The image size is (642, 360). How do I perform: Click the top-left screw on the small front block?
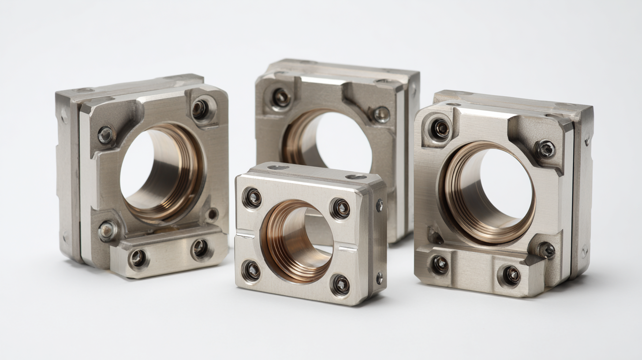point(252,198)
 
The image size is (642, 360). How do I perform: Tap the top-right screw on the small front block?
point(340,208)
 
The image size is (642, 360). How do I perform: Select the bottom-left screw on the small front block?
point(251,270)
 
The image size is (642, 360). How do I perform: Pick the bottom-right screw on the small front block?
point(340,285)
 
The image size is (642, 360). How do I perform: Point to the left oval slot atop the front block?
point(278,167)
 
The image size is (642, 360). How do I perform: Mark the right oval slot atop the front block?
point(356,177)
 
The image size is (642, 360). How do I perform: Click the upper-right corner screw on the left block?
point(200,109)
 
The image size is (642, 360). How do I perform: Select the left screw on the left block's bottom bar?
point(138,258)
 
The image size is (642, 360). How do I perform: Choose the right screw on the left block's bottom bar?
point(201,249)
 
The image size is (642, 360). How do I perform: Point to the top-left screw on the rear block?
point(281,97)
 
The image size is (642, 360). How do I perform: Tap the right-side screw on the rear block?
point(381,115)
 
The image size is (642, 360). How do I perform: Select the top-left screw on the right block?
point(440,128)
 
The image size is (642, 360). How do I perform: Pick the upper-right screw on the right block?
point(546,149)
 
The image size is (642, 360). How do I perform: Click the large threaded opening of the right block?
point(489,192)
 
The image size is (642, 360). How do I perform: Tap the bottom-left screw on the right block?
point(440,264)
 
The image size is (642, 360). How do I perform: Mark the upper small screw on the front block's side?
point(379,205)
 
